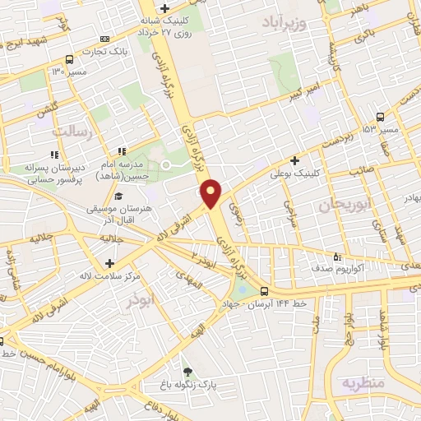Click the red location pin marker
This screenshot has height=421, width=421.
pos(211,192)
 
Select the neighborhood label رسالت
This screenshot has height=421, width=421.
pos(74,132)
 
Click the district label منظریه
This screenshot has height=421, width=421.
pos(363,383)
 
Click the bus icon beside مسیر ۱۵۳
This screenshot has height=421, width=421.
pos(379,117)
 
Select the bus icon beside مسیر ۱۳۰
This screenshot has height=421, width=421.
pos(69,59)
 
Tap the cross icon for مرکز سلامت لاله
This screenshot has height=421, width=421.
pos(109,263)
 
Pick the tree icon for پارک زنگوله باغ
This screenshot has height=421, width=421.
pos(187,372)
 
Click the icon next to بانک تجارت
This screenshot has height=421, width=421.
pos(104,39)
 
